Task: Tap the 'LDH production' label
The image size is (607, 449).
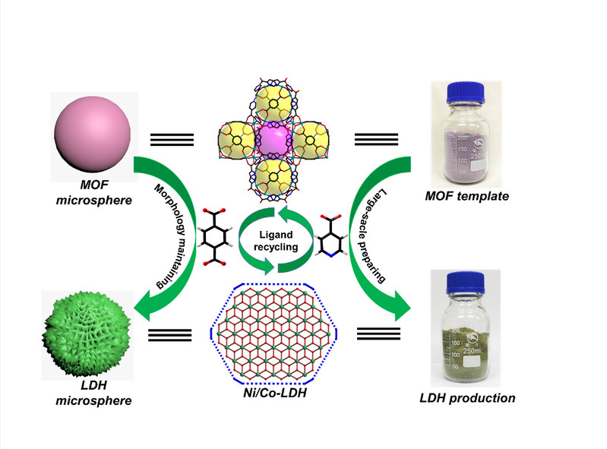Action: (x=468, y=397)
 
